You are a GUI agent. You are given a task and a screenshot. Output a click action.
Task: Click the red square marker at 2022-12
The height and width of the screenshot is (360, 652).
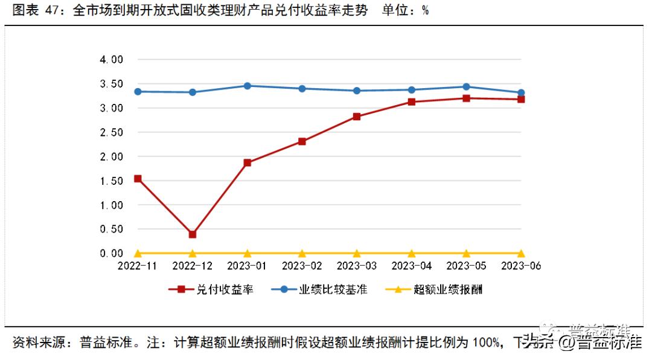[x=193, y=234]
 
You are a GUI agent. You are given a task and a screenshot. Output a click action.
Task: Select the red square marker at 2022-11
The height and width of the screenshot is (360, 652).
[x=138, y=179]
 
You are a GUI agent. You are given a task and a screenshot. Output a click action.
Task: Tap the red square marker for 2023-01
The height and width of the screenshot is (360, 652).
[x=248, y=162]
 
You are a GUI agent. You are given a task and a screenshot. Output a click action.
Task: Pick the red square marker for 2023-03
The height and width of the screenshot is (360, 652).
[x=357, y=117]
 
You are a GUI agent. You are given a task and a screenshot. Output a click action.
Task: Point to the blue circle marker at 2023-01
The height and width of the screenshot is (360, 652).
[x=248, y=86]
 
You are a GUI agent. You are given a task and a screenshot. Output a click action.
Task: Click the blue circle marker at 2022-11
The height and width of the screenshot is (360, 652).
[x=138, y=91]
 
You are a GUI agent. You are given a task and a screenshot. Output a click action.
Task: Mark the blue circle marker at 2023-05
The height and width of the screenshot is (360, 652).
[x=466, y=87]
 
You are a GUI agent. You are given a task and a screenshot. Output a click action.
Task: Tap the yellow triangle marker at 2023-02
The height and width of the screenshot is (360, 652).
[x=302, y=253]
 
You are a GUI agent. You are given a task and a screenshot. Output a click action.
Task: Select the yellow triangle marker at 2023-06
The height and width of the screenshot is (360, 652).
[x=521, y=253]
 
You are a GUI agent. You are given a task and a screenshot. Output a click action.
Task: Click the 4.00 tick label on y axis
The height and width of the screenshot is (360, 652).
[x=111, y=59]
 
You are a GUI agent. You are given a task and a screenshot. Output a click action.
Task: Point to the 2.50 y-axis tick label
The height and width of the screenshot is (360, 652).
[x=111, y=132]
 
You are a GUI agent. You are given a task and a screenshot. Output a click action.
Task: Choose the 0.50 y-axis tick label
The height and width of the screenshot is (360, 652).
[x=111, y=229]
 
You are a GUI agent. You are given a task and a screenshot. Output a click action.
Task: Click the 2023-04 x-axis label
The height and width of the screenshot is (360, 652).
[x=411, y=266]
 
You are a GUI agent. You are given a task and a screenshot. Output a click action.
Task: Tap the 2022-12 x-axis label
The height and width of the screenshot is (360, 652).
[x=193, y=266]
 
